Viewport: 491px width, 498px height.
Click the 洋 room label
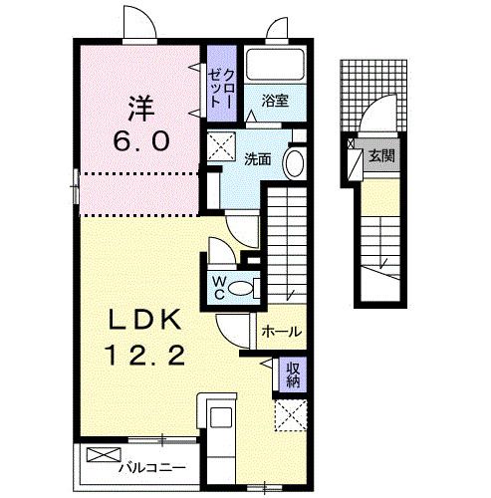[x=141, y=109]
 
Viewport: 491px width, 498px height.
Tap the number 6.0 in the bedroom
[x=141, y=140]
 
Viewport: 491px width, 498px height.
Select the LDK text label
[x=145, y=320]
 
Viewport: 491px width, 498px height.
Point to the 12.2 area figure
[x=144, y=355]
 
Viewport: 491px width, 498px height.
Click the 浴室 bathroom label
[x=275, y=101]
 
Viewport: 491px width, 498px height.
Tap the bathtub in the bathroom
[x=275, y=64]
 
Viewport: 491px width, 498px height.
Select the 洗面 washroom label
[x=258, y=159]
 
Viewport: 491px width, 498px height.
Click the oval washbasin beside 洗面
[x=295, y=164]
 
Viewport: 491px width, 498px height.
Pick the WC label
[x=219, y=288]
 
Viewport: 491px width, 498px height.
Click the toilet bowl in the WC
[x=241, y=288]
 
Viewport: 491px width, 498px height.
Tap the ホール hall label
[x=282, y=332]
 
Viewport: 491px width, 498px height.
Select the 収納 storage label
[x=293, y=375]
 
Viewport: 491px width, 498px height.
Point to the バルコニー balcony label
[x=152, y=468]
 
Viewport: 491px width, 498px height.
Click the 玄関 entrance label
[x=381, y=155]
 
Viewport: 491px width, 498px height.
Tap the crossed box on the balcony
[x=104, y=455]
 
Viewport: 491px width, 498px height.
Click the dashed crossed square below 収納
[x=290, y=415]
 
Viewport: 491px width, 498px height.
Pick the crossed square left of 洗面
[x=221, y=146]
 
